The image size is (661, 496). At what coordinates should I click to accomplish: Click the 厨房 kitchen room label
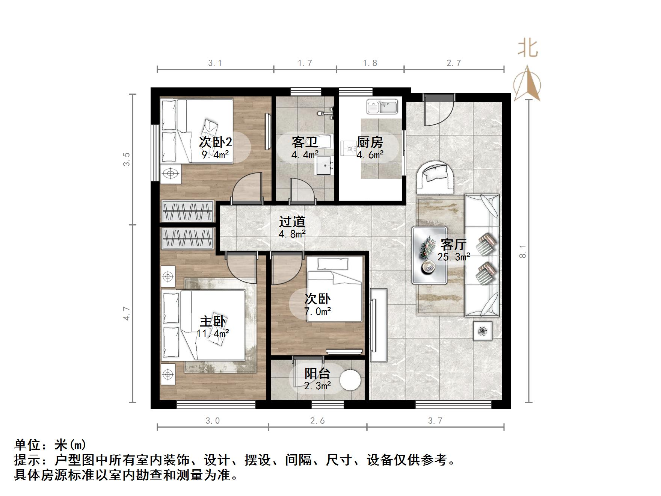370,142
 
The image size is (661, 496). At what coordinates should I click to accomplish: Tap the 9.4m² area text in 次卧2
215,154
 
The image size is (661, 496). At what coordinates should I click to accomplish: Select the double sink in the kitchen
382,107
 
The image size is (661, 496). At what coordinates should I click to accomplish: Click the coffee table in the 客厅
429,255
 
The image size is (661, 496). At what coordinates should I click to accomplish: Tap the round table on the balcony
350,380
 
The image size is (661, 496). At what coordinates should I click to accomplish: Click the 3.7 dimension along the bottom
435,420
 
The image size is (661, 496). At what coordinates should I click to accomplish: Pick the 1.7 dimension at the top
305,63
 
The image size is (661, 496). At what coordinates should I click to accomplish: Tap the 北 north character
528,49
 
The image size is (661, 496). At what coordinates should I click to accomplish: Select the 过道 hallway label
292,222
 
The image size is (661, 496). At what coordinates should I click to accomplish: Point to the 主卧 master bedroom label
213,322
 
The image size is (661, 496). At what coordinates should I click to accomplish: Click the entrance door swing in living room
438,111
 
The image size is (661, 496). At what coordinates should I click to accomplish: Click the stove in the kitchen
348,148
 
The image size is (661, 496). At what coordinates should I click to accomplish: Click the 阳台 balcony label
317,374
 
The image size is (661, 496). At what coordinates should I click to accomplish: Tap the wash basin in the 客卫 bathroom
324,165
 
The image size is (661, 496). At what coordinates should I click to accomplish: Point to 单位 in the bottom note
27,445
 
